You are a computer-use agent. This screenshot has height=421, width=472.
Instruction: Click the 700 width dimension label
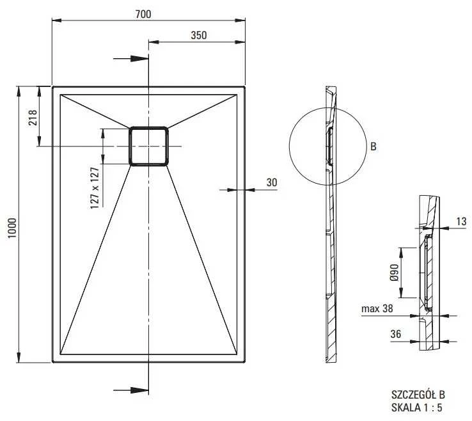coord(143,14)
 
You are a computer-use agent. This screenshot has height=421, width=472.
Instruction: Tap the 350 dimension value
coord(199,35)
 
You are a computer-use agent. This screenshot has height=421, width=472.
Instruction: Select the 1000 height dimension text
coord(12,228)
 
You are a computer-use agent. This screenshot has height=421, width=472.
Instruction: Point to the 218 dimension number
coord(32,118)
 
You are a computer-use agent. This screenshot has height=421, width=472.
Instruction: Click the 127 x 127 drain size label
coord(95,188)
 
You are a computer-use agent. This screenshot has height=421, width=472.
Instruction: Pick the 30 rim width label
coord(272,182)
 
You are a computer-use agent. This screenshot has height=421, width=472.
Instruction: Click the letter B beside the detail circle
coord(374,147)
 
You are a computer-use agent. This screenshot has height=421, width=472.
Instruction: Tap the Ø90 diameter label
coord(394,272)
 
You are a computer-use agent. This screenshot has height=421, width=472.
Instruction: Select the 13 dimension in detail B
coord(461,221)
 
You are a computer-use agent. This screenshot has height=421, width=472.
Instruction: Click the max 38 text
coord(377,308)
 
